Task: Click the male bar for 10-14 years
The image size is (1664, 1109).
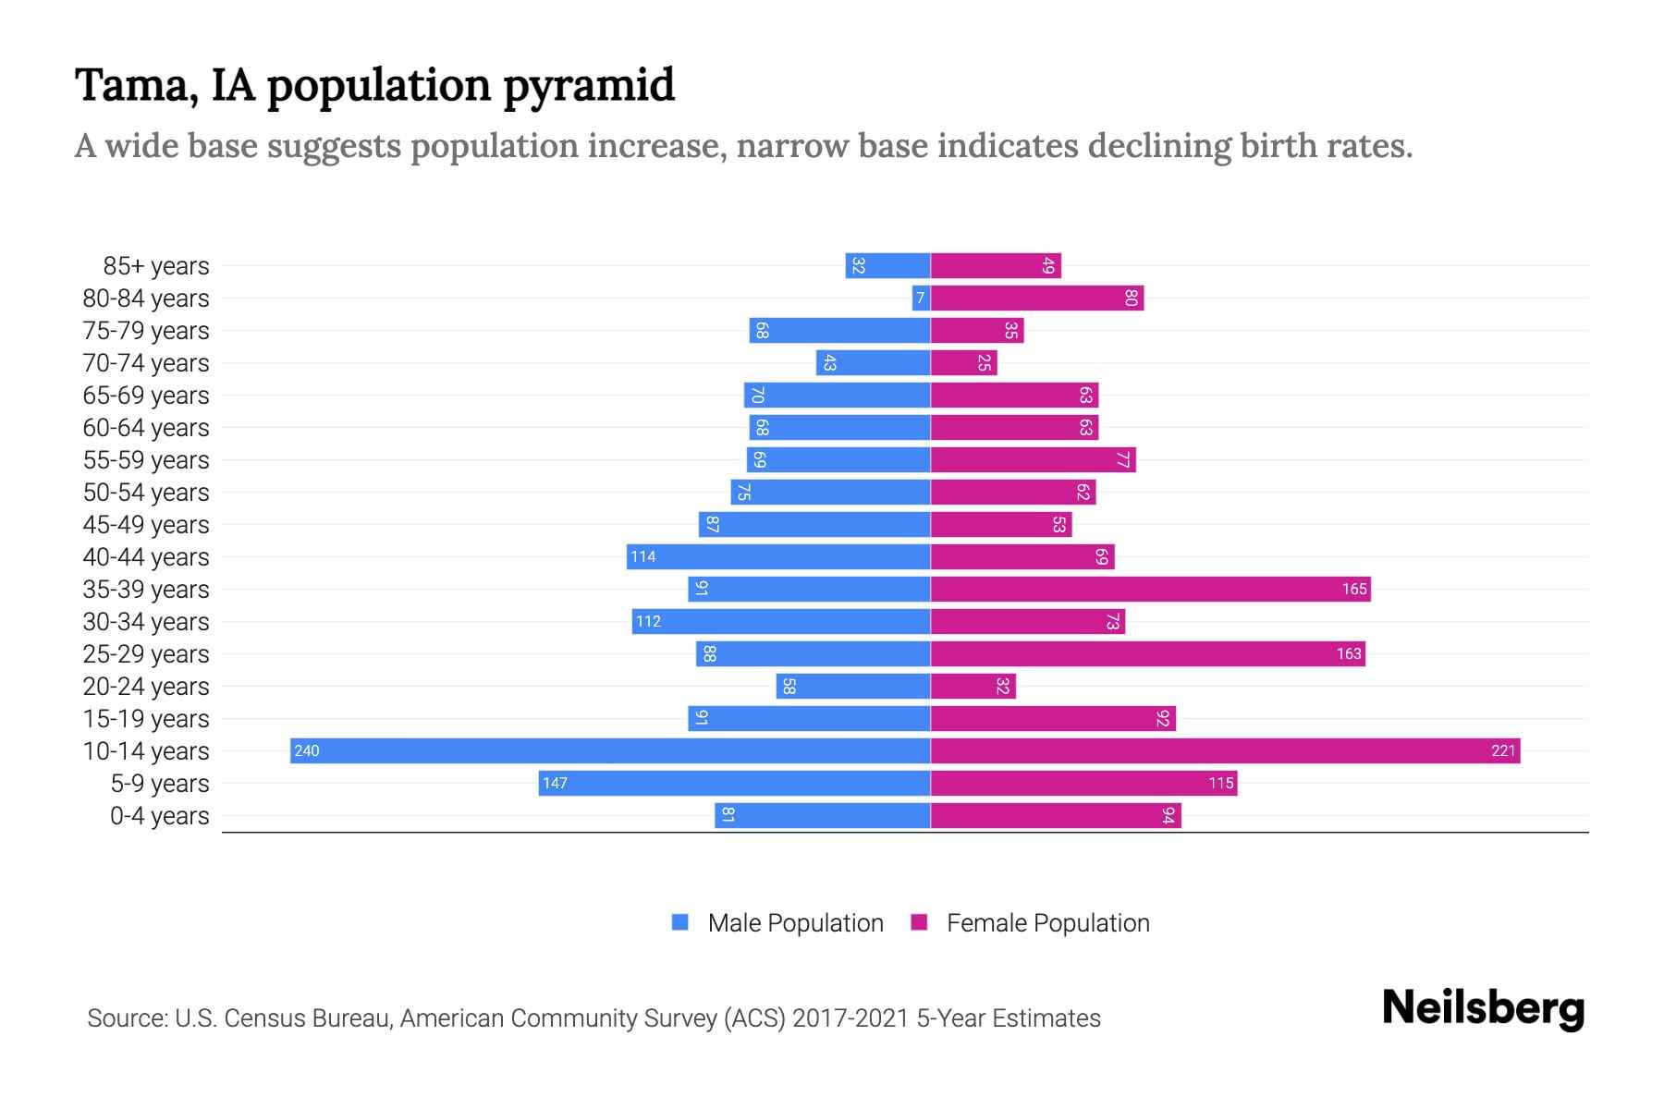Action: [610, 750]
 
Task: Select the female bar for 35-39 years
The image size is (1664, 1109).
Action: [1150, 589]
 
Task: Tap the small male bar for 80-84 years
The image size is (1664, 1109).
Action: [921, 298]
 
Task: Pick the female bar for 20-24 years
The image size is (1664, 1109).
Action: [973, 686]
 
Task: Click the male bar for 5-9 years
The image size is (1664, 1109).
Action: [734, 783]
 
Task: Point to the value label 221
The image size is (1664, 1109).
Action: [1503, 750]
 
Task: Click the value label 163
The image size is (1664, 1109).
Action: [1348, 653]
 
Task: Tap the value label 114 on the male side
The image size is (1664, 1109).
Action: [642, 556]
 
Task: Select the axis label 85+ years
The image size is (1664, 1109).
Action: [156, 266]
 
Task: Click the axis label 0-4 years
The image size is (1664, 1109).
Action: [159, 816]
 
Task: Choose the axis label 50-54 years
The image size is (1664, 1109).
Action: [146, 493]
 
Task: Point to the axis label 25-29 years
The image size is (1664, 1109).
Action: [146, 654]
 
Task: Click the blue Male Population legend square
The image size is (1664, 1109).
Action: [680, 922]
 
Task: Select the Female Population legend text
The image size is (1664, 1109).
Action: [1047, 922]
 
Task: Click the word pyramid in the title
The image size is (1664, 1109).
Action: [589, 86]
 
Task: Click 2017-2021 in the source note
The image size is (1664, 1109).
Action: [850, 1018]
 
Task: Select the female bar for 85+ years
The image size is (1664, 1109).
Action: [996, 265]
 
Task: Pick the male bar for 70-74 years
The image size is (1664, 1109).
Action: [873, 362]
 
